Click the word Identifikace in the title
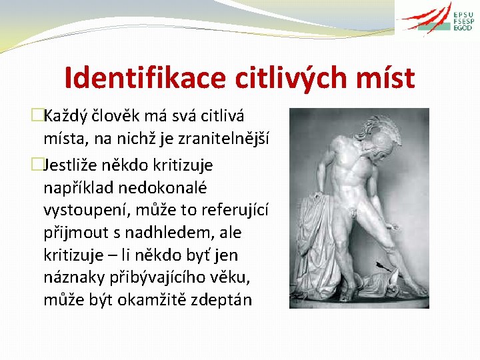click(146, 78)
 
